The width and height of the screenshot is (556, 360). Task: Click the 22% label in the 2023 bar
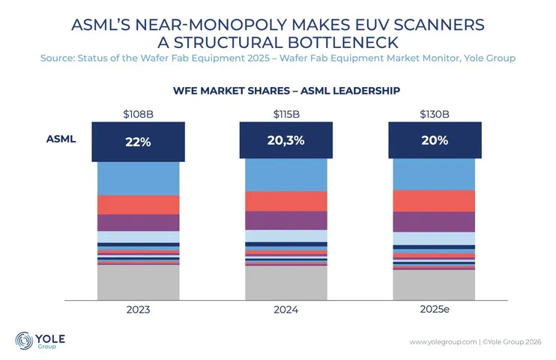[x=138, y=142]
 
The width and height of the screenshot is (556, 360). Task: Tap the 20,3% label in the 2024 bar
[x=285, y=140]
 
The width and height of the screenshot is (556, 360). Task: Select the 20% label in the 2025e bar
[x=434, y=140]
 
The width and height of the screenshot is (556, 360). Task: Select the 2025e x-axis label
[x=434, y=308]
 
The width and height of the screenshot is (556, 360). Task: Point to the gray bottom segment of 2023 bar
[x=138, y=281]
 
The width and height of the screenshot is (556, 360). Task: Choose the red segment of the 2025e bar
[x=434, y=200]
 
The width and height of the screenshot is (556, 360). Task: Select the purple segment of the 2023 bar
[x=138, y=223]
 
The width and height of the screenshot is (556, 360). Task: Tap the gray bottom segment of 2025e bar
[x=434, y=284]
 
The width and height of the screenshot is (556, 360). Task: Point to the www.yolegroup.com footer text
[x=443, y=342]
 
